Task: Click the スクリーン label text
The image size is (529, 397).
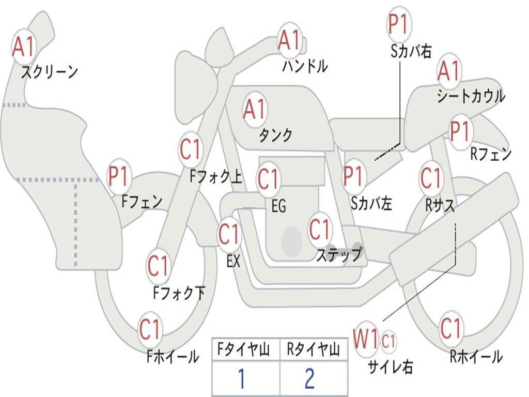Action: tap(50, 72)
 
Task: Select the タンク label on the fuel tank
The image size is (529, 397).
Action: tap(276, 135)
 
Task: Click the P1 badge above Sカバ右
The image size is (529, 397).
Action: tap(399, 24)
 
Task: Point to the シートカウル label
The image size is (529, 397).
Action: tap(471, 96)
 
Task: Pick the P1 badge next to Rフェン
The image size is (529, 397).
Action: tap(461, 131)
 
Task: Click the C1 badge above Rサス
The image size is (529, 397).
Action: tap(431, 178)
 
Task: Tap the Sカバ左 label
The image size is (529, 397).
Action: tap(371, 203)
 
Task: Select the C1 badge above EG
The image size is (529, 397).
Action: tap(269, 178)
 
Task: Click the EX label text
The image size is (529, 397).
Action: tap(233, 261)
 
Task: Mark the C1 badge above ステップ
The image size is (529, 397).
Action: tap(320, 229)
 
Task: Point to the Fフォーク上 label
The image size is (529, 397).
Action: tap(216, 176)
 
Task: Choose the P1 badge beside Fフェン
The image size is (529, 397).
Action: tap(119, 176)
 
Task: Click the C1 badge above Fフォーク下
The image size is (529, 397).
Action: tap(158, 265)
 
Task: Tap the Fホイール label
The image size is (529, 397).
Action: tap(173, 357)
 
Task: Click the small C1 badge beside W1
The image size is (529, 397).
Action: tap(388, 341)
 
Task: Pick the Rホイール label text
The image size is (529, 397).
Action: tap(476, 357)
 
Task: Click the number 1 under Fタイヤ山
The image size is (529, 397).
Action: tap(241, 378)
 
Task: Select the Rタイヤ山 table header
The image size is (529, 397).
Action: tap(314, 349)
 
